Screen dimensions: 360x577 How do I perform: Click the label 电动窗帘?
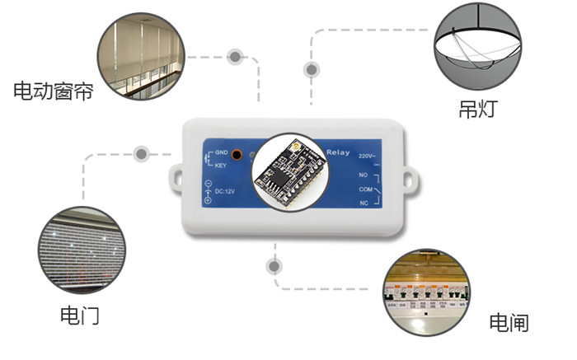54,91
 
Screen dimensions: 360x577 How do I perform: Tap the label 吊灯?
477,109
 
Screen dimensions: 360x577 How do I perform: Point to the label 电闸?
509,322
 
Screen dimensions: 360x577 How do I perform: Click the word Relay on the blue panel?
338,152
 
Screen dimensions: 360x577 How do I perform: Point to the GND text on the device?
221,153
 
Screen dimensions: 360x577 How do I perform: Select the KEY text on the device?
221,165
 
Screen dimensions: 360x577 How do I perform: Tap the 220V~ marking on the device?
368,155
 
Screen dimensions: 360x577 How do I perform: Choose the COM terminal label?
366,189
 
